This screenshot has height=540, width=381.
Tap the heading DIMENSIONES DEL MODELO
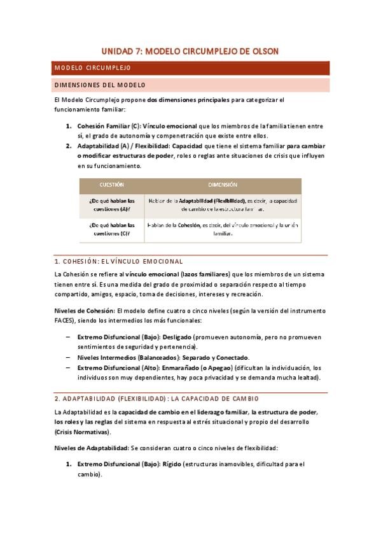click(x=100, y=85)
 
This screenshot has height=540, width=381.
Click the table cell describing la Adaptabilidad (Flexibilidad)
click(x=223, y=204)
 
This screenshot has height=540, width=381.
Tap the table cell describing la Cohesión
click(x=223, y=229)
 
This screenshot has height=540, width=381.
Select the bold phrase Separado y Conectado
click(x=216, y=357)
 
